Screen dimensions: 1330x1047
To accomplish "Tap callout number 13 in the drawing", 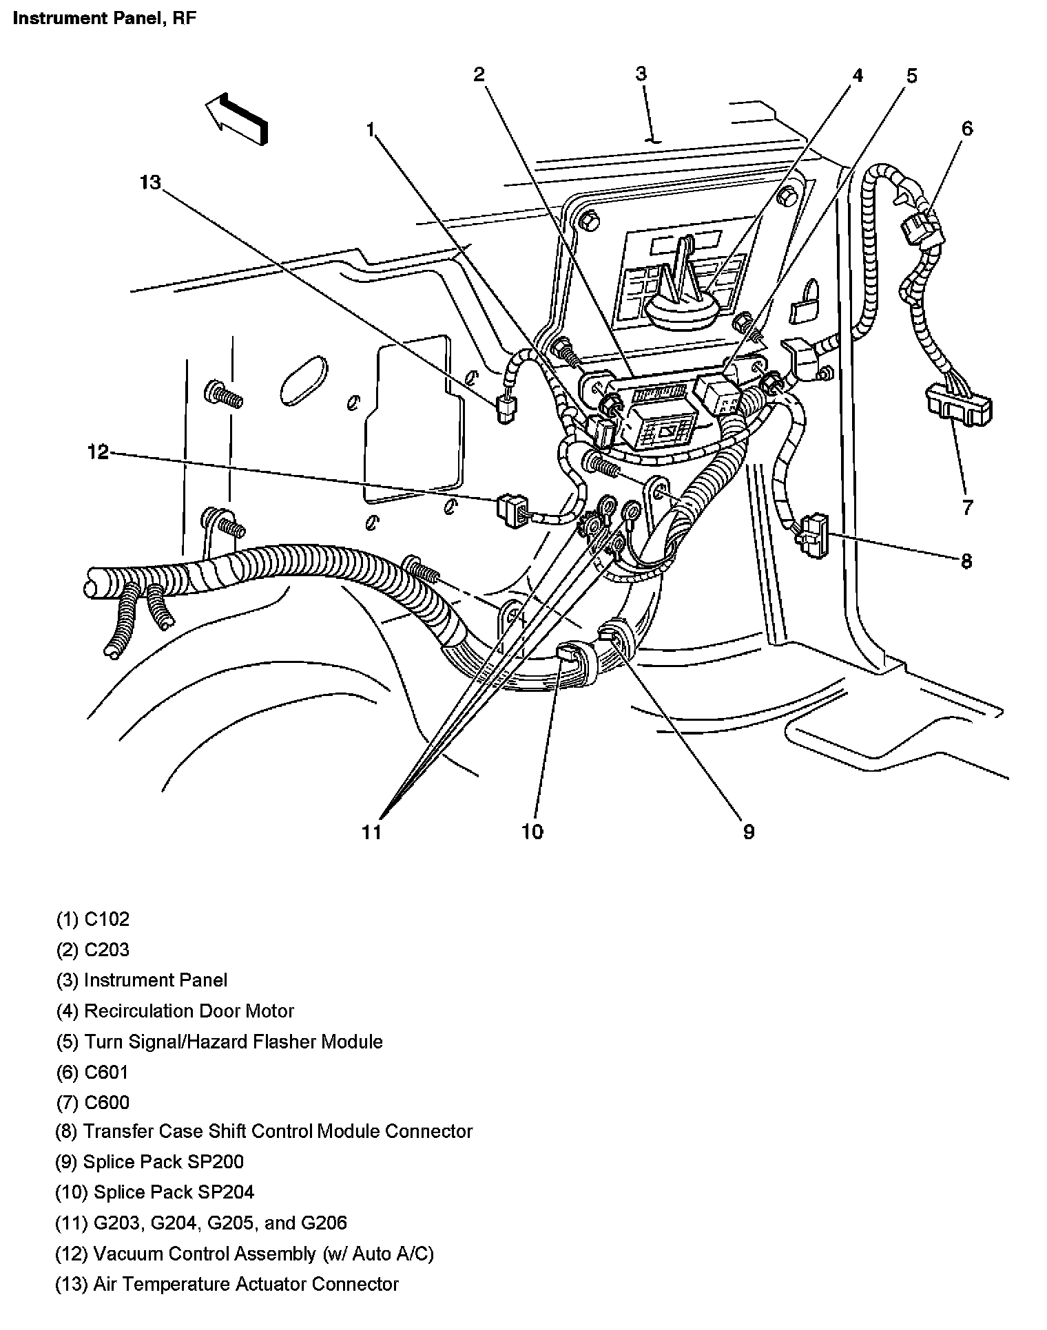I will pos(150,182).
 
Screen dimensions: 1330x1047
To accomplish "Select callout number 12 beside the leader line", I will pos(98,452).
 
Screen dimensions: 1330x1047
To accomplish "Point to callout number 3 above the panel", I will pos(641,74).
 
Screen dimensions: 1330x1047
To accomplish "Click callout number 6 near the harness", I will pos(967,128).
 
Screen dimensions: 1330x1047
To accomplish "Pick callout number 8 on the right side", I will pos(966,561).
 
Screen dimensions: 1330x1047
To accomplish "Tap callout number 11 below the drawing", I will pos(371,832).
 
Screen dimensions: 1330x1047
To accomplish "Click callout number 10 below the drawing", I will pos(532,832).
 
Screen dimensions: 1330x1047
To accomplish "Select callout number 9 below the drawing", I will pos(748,832).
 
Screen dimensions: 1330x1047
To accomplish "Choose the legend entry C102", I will pos(93,919).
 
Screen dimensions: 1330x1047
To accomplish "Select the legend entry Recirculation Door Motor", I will pos(175,1011).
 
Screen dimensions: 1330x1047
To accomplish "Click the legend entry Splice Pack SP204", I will pos(155,1192).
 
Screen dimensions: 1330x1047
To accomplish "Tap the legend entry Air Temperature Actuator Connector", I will pos(227,1284).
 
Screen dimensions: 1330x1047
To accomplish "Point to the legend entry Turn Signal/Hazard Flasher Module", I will pos(219,1042).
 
